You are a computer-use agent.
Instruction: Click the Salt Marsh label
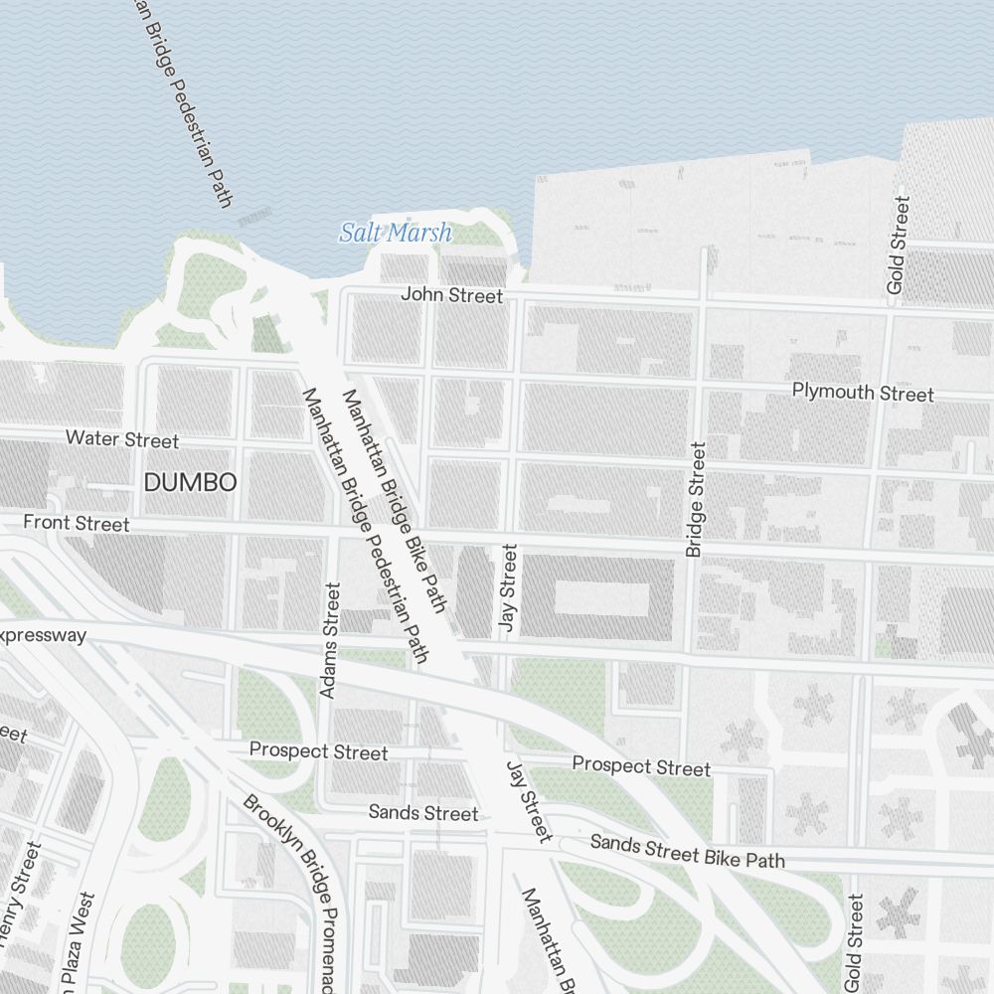396,234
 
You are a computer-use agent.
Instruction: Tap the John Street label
451,295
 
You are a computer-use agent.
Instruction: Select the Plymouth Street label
863,393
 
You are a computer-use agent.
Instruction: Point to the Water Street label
122,439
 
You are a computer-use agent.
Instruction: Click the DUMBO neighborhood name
190,483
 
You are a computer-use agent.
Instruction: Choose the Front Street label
77,523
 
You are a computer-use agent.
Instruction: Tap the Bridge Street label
695,499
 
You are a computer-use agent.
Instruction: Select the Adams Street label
330,639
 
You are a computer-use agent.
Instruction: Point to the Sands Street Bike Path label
687,851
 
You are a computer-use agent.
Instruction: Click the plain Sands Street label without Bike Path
423,813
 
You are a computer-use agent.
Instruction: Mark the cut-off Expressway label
44,635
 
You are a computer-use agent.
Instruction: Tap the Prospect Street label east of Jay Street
641,766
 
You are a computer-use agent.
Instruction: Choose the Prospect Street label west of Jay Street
318,751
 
